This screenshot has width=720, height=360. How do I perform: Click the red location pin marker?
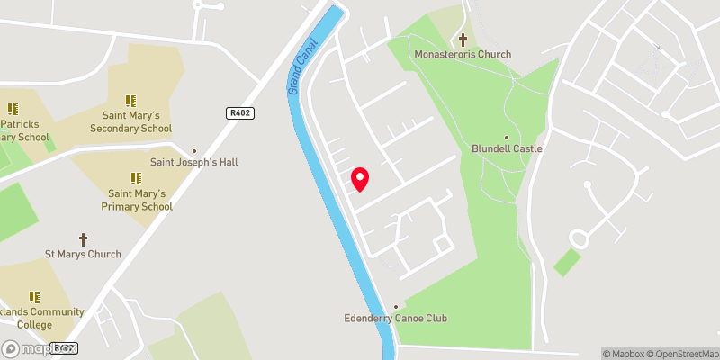click(x=360, y=179)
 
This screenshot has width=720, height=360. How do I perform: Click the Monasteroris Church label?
click(x=463, y=55)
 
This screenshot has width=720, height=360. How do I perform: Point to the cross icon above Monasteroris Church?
click(x=463, y=40)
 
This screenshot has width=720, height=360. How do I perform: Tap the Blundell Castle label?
click(x=507, y=149)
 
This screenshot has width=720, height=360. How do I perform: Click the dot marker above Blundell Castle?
click(x=507, y=137)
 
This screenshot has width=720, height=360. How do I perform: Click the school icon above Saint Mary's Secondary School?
click(x=130, y=101)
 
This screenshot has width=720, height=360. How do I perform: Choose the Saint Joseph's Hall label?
click(x=193, y=163)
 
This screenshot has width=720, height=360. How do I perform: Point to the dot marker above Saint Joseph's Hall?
click(x=194, y=151)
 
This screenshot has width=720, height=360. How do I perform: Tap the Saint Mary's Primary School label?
click(x=140, y=200)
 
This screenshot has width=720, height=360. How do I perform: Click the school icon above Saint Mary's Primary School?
click(x=136, y=178)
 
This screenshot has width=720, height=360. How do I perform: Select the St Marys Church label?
click(x=83, y=255)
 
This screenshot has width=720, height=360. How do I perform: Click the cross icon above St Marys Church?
click(x=83, y=239)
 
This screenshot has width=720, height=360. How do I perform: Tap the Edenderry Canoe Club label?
click(x=396, y=319)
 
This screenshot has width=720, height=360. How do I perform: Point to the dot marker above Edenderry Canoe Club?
click(x=396, y=306)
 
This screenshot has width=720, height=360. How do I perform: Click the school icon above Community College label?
click(x=34, y=296)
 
